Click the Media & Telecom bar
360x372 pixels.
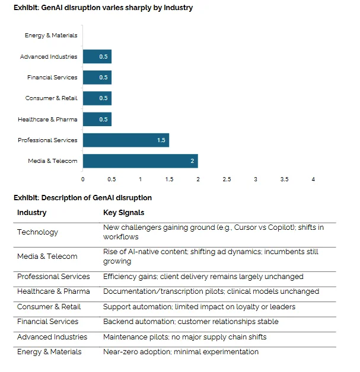pyautogui.click(x=141, y=161)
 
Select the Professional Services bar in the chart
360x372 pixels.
pyautogui.click(x=126, y=140)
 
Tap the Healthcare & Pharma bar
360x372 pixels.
pyautogui.click(x=97, y=119)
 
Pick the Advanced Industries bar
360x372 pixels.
pyautogui.click(x=97, y=57)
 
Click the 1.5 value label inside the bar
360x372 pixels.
pyautogui.click(x=161, y=140)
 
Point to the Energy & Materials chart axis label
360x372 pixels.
pyautogui.click(x=51, y=36)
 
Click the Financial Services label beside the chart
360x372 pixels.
pyautogui.click(x=52, y=78)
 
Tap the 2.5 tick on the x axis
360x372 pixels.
pyautogui.click(x=227, y=179)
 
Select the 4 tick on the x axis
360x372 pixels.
pyautogui.click(x=313, y=179)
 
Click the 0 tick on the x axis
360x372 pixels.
pyautogui.click(x=82, y=179)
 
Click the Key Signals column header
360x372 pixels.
pyautogui.click(x=124, y=213)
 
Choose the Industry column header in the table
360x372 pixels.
pyautogui.click(x=32, y=213)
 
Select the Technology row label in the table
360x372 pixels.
pyautogui.click(x=37, y=232)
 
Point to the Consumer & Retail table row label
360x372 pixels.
pyautogui.click(x=49, y=307)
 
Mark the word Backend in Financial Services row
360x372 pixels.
pyautogui.click(x=116, y=322)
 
